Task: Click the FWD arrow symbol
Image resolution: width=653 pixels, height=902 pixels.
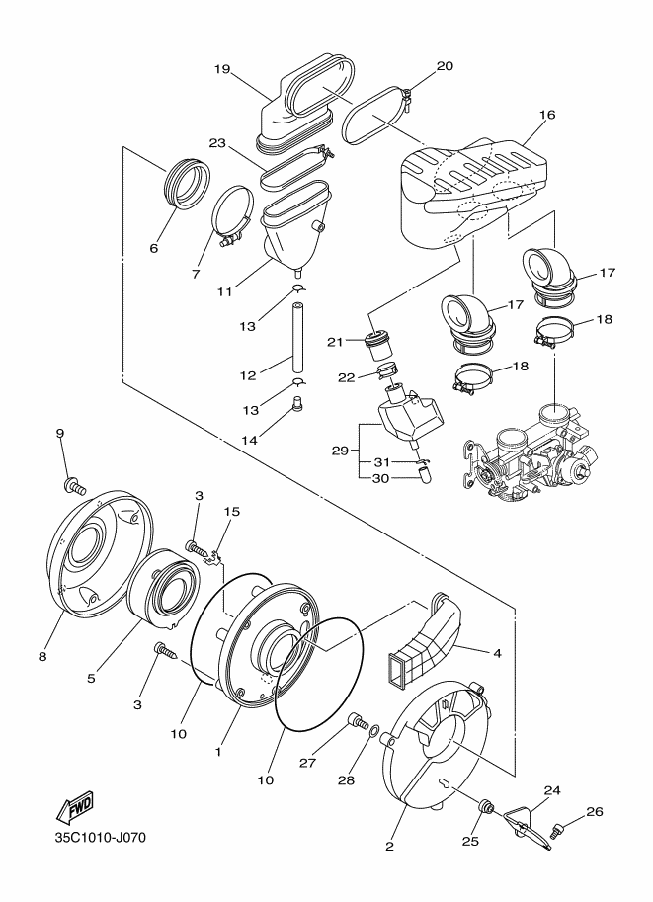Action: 76,810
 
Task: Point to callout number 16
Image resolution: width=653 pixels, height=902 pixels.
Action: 546,115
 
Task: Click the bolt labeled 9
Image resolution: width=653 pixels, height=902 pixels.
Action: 74,486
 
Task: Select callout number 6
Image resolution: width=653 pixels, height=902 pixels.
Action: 153,248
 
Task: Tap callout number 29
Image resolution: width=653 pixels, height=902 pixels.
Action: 340,450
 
